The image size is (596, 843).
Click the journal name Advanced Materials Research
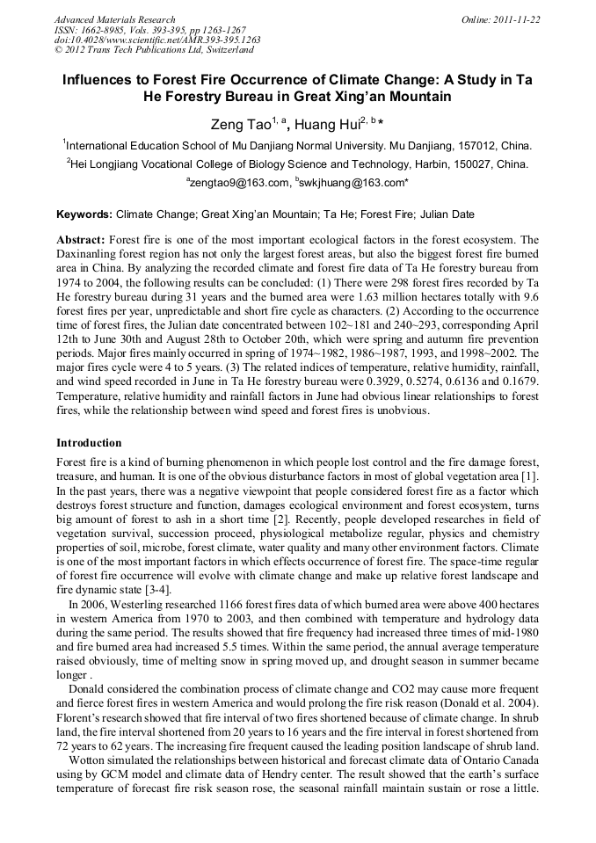click(114, 19)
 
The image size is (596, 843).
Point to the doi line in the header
click(157, 40)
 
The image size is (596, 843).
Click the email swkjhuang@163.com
click(352, 183)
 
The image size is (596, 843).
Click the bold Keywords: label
click(84, 214)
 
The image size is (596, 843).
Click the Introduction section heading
click(89, 442)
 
